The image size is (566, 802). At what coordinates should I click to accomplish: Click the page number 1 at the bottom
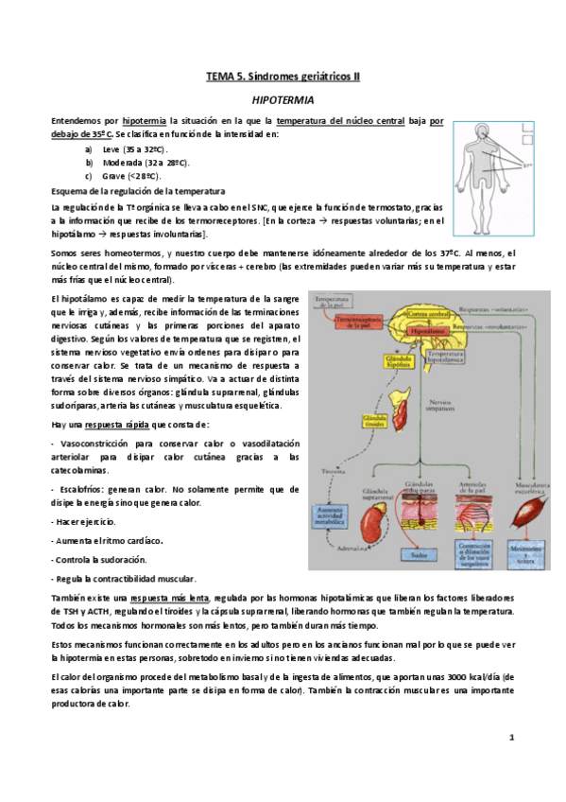point(510,736)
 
